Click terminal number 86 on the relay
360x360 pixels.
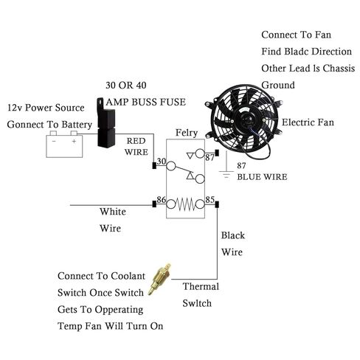pos(160,200)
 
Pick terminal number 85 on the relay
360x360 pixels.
pos(210,200)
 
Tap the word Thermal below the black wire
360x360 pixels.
pos(200,286)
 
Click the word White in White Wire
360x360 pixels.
pos(114,211)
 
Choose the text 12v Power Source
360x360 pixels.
pos(46,107)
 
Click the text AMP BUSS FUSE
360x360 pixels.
pos(145,102)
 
